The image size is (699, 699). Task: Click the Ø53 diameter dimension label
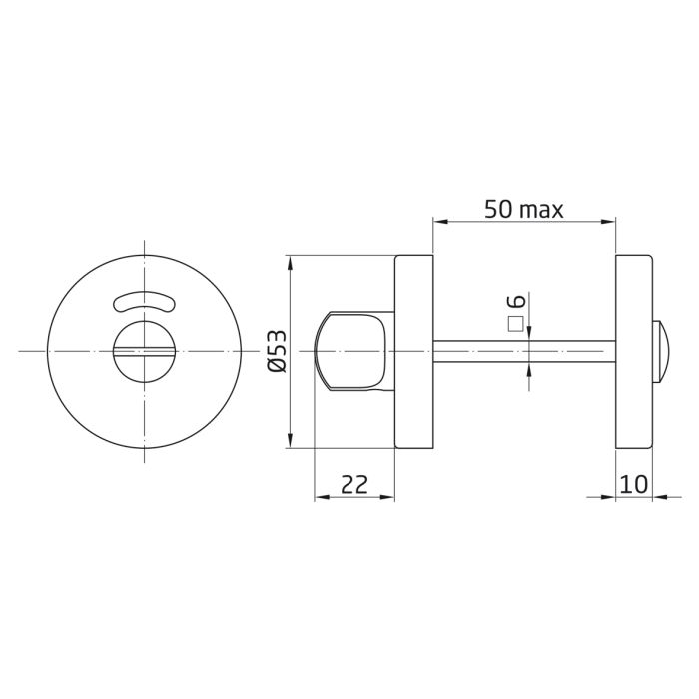click(x=278, y=352)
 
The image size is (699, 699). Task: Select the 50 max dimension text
click(x=523, y=209)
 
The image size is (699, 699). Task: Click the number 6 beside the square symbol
click(x=516, y=302)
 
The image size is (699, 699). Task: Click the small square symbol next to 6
click(x=516, y=323)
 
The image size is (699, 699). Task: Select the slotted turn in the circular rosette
click(x=144, y=350)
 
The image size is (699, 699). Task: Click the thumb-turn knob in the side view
click(x=351, y=351)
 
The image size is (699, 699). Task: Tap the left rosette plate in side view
click(x=413, y=351)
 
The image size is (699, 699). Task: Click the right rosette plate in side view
click(x=633, y=351)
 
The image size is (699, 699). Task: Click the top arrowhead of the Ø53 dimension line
click(x=289, y=263)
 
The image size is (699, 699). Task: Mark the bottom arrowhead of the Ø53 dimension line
click(x=289, y=441)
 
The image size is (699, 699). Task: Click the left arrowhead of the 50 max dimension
click(x=437, y=222)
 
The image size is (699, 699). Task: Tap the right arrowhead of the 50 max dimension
click(x=609, y=222)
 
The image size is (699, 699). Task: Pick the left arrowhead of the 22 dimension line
click(x=320, y=497)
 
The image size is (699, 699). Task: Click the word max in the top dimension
click(x=542, y=210)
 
